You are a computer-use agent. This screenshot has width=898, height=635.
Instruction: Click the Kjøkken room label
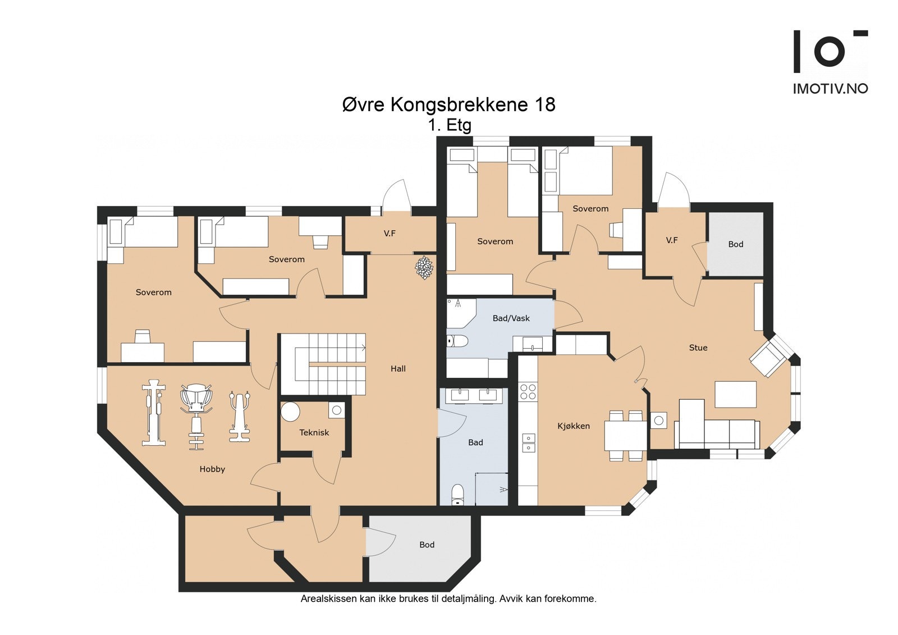(x=573, y=426)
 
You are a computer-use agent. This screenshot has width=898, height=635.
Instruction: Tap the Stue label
(x=698, y=348)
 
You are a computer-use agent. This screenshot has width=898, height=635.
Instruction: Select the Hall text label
(x=398, y=369)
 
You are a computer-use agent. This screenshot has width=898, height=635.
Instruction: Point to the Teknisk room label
(x=314, y=432)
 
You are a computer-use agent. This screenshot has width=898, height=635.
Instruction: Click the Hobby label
(x=212, y=469)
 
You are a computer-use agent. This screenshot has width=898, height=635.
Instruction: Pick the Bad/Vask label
(x=511, y=318)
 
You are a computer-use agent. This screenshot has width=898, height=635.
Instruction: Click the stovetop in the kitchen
(x=528, y=391)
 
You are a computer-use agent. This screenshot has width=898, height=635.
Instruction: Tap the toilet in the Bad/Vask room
(x=457, y=341)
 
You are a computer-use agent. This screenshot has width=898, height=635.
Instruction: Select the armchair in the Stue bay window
(x=767, y=359)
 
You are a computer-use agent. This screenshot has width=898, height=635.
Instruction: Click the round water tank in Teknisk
(x=290, y=412)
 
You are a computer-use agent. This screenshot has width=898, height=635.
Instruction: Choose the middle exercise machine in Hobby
(x=196, y=417)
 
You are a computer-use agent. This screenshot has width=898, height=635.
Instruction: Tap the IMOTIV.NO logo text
(x=831, y=89)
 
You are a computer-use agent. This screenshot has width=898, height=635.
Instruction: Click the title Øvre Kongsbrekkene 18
(x=448, y=104)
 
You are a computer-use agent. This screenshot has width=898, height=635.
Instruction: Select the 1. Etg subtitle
(x=450, y=126)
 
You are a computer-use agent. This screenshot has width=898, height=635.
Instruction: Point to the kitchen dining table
(x=625, y=435)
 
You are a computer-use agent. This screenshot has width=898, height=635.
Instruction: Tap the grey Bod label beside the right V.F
(x=736, y=244)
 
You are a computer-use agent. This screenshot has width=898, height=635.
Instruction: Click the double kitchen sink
(x=528, y=443)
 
